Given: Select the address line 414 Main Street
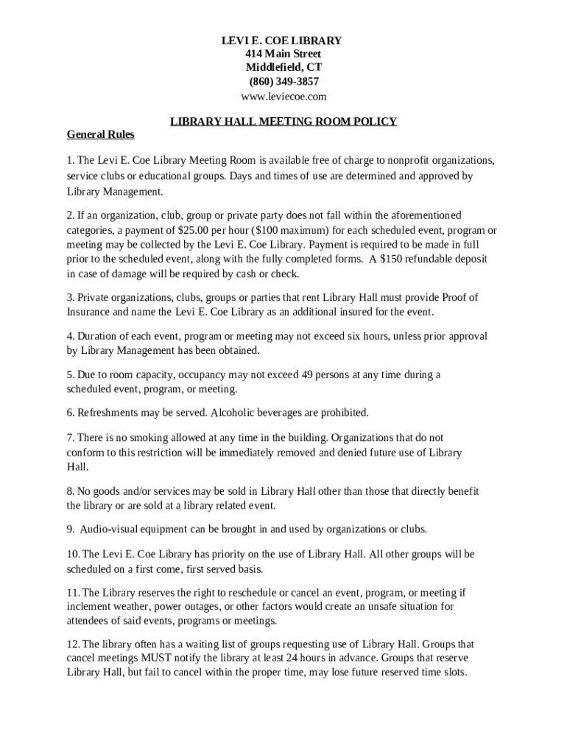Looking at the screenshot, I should (283, 55).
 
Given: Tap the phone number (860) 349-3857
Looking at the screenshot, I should (283, 82).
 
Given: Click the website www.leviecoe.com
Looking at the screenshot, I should (283, 97).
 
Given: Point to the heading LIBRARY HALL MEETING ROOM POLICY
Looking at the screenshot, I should (283, 122).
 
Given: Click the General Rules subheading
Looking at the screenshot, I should (101, 136).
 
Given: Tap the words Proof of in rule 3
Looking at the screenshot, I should (459, 298).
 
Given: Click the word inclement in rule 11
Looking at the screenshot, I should (89, 607).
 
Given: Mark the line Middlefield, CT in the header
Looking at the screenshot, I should (283, 68).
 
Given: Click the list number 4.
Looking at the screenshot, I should (70, 336).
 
